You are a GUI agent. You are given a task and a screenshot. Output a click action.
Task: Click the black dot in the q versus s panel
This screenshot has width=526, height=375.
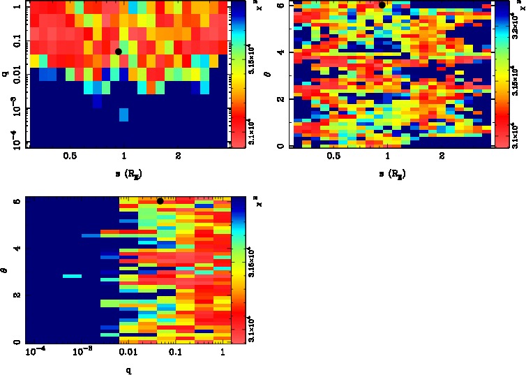(119, 52)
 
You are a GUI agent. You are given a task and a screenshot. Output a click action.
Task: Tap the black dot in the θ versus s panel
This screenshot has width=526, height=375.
(382, 5)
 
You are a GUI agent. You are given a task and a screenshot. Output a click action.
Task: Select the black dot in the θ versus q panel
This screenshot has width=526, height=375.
(160, 201)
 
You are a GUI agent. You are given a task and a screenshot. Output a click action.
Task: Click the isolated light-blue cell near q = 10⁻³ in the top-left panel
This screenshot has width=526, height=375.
(123, 115)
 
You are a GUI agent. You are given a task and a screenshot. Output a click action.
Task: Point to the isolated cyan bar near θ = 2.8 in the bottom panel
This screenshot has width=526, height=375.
(72, 277)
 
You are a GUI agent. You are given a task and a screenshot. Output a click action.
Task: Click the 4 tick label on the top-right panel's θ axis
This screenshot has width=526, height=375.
(280, 52)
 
